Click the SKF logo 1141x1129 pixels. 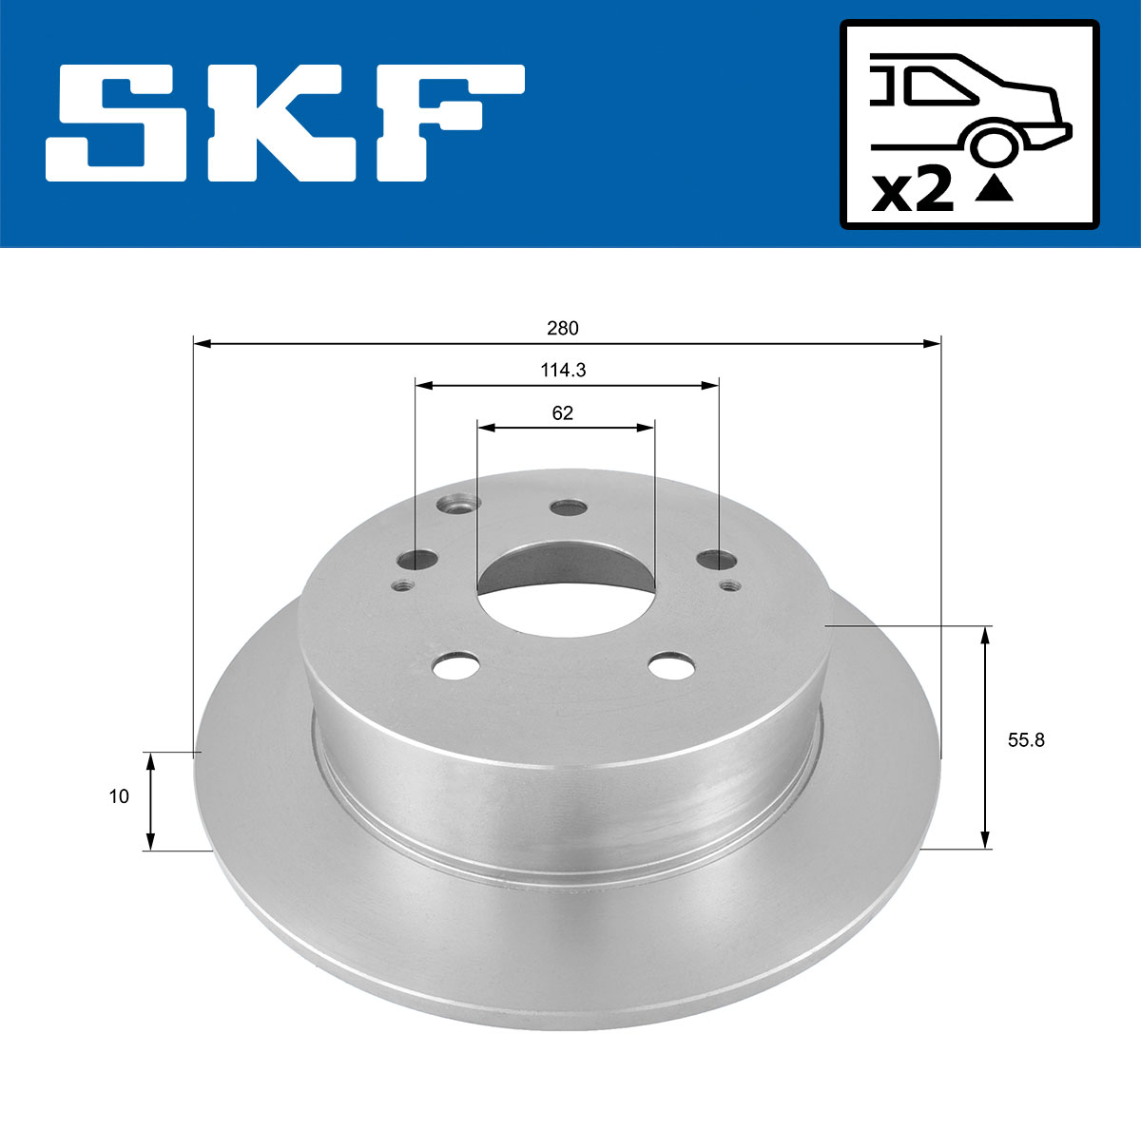point(284,124)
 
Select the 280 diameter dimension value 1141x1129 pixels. point(563,329)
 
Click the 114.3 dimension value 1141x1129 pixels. point(563,371)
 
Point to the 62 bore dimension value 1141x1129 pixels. point(563,413)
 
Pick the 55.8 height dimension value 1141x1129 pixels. point(1026,740)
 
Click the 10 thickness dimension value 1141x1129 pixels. point(119,797)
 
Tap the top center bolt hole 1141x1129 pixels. point(569,508)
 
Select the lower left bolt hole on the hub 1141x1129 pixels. point(454,666)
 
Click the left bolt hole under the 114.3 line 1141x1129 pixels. point(416,560)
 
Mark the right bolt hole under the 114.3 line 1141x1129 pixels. point(715,560)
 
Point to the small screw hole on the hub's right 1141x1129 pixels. point(730,584)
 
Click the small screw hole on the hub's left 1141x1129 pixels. point(402,585)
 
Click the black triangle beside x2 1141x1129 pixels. point(995,190)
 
